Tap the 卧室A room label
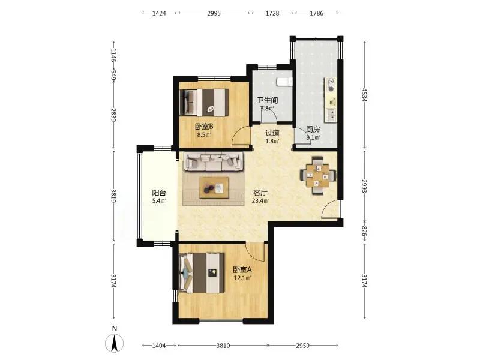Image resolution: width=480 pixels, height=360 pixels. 242,269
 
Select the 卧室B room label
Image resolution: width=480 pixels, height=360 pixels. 204,126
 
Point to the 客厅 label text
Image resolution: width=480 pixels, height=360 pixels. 260,193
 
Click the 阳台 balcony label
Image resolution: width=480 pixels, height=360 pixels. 159,193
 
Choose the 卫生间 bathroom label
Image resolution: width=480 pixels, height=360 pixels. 267,100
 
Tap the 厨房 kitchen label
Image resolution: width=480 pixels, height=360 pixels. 313,130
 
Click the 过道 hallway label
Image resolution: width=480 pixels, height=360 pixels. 272,133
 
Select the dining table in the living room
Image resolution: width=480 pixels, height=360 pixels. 319,176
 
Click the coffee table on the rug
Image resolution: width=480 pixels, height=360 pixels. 214,187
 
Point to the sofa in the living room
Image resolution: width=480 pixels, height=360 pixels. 214,161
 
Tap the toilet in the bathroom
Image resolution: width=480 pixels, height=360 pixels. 284,82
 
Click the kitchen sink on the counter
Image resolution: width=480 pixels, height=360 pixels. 331,115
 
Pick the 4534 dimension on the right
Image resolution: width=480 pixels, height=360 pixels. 364,95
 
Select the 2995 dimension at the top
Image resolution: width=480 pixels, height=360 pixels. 214,13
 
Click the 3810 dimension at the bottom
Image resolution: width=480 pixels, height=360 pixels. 223,346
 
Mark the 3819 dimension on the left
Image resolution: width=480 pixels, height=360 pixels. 113,196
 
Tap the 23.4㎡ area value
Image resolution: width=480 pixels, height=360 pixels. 260,201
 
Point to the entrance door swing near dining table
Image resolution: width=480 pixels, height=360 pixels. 331,209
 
